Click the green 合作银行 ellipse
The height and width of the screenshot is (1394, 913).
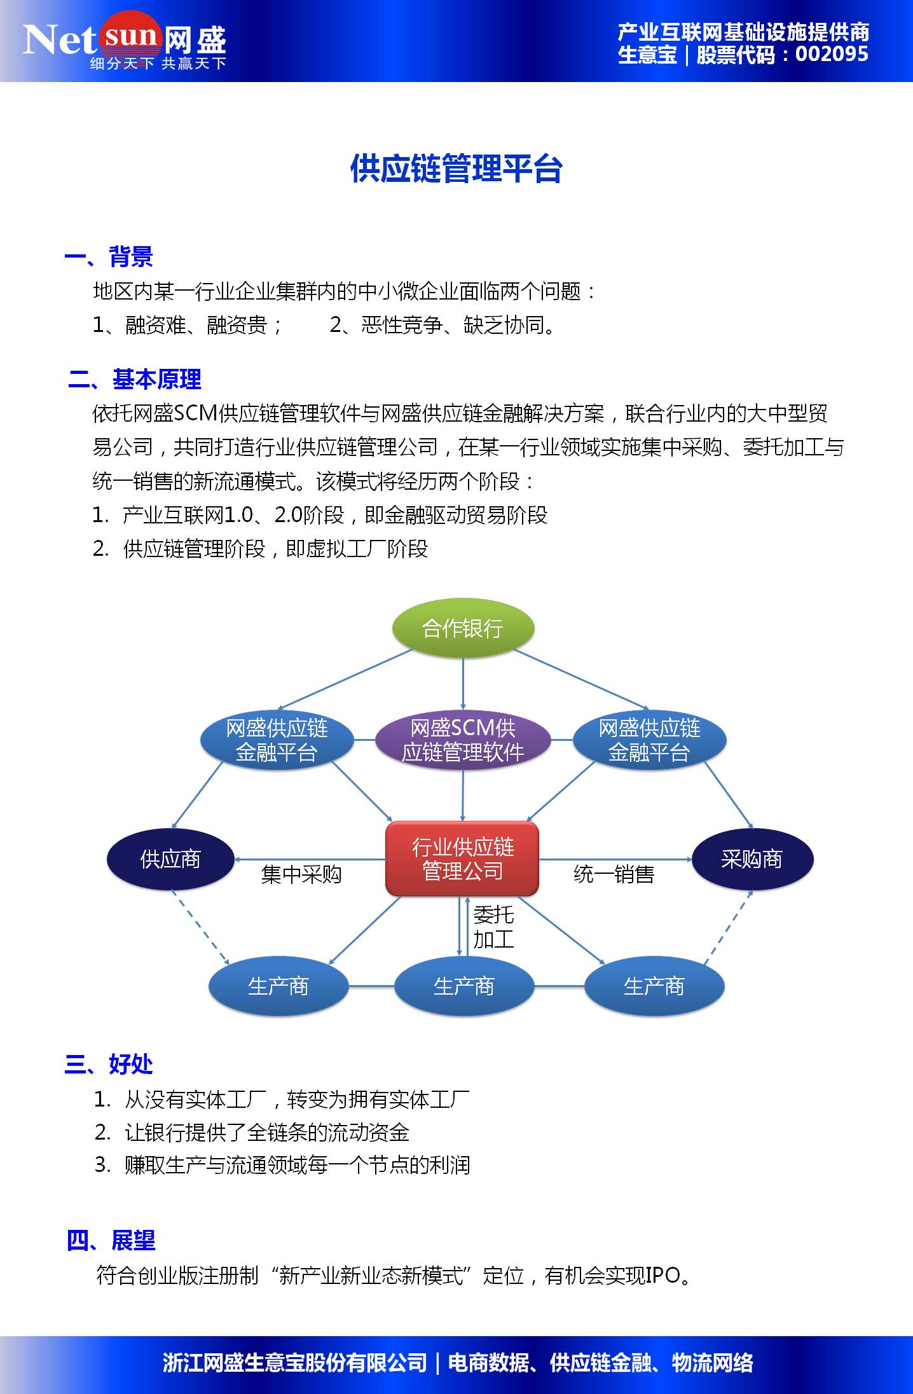click(462, 628)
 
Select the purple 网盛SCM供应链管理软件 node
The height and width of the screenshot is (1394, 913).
click(462, 740)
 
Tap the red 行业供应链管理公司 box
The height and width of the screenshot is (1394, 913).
click(462, 859)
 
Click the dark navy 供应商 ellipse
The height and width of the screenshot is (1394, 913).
click(170, 859)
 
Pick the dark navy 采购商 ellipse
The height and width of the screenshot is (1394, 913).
click(752, 859)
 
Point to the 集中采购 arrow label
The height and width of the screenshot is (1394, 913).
click(301, 875)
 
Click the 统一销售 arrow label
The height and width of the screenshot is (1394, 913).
click(614, 875)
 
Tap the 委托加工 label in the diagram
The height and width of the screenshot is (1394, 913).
click(493, 927)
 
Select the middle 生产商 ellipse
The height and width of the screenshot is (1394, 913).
click(463, 986)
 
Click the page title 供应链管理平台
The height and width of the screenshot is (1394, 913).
click(456, 169)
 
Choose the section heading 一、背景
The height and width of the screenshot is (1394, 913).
click(109, 258)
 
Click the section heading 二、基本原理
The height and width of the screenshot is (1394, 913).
click(135, 380)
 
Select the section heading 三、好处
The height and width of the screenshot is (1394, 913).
click(109, 1064)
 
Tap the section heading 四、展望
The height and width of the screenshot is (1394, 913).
click(111, 1241)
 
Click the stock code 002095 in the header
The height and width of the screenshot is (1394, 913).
click(831, 55)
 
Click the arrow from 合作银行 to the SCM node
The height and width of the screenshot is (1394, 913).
click(463, 684)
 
